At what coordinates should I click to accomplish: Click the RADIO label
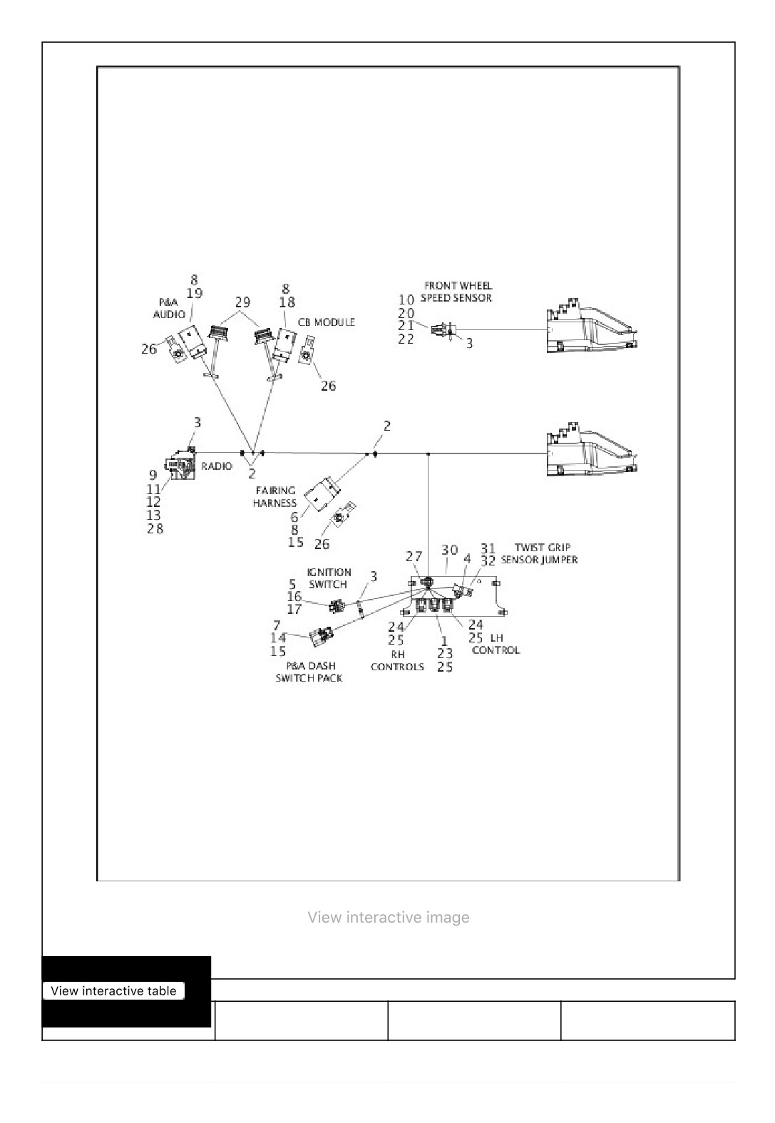coord(217,466)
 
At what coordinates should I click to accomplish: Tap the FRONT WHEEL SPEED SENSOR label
coord(456,292)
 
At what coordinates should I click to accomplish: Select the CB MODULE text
coord(327,322)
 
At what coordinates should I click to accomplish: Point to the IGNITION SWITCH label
coord(329,578)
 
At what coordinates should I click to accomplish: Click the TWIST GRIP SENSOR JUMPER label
coord(540,553)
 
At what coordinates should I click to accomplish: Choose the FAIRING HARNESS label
coord(274,497)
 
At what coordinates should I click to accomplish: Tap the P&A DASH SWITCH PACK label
coord(309,672)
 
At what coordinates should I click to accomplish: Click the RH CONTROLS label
coord(397,661)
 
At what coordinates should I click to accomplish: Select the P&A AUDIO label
coord(169,308)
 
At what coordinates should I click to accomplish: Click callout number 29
coord(242,302)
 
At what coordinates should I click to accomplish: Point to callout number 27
coord(414,556)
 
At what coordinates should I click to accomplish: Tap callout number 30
coord(450,550)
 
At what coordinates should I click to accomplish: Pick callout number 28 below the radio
coord(155,528)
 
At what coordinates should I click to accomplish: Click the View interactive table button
coord(114,990)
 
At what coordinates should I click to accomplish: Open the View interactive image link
coord(389,918)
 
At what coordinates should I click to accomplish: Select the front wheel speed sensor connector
coord(443,329)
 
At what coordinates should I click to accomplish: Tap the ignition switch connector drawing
coord(337,606)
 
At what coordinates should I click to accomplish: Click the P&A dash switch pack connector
coord(322,635)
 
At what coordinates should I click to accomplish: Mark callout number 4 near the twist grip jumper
coord(467,558)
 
